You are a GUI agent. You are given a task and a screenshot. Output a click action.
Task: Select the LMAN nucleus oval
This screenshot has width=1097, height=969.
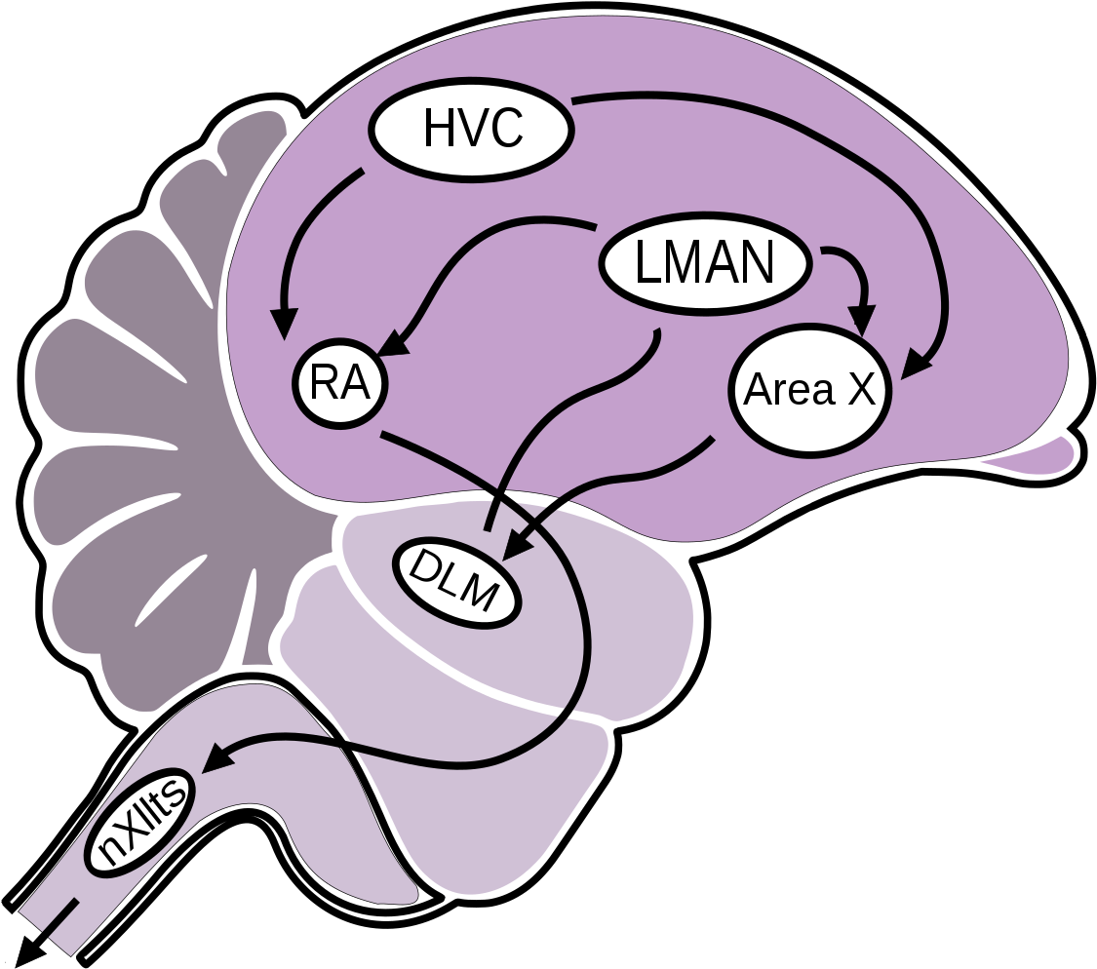click(704, 263)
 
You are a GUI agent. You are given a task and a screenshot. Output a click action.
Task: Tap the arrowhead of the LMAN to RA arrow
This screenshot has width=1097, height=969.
click(392, 343)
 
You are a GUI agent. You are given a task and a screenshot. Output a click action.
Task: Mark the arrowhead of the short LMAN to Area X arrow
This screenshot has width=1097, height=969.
click(860, 319)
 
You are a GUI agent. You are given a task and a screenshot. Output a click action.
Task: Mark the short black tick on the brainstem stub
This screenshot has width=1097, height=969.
click(60, 913)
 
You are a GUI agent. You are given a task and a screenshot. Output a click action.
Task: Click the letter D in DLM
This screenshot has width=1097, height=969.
click(425, 564)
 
